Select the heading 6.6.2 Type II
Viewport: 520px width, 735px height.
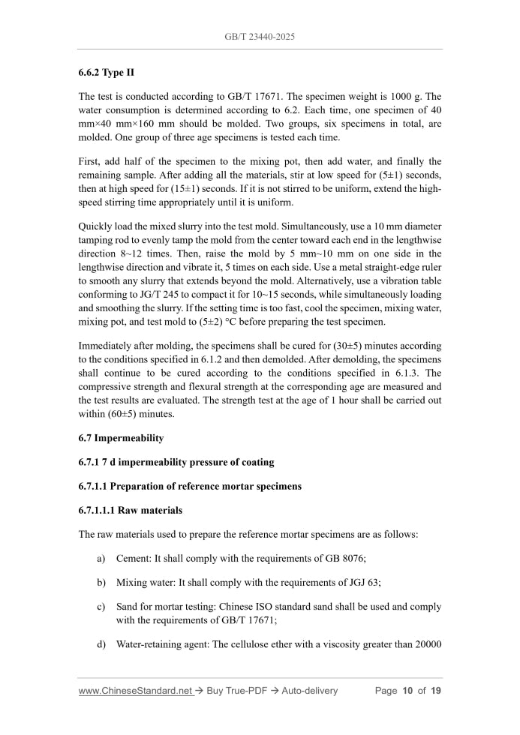pos(106,73)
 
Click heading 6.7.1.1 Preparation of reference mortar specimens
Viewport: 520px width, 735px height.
pos(190,486)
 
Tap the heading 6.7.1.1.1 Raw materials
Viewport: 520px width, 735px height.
pos(131,510)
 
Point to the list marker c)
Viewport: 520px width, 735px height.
pos(101,606)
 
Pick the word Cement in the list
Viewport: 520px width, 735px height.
pos(134,559)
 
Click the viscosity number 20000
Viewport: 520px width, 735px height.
pos(425,643)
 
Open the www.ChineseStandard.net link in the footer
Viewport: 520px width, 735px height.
pos(135,691)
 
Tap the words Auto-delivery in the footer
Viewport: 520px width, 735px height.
pos(310,691)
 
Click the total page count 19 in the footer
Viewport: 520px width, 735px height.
pos(435,691)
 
